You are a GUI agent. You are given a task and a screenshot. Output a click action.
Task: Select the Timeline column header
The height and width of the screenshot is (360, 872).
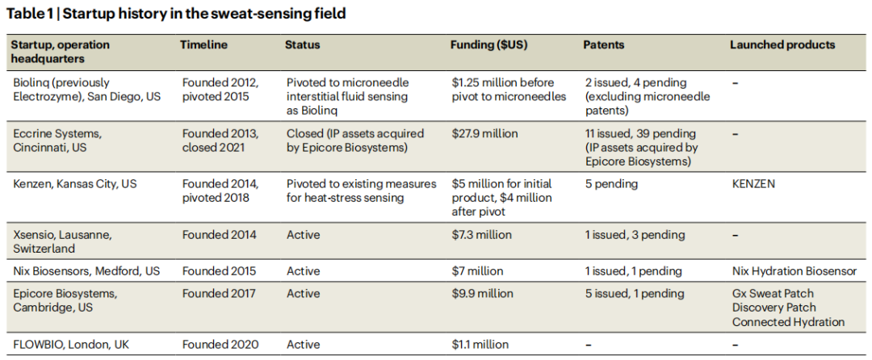point(203,45)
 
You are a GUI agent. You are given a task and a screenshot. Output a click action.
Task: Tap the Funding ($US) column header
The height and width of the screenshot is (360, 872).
point(488,45)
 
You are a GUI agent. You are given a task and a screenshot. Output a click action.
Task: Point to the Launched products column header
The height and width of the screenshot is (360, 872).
point(782,45)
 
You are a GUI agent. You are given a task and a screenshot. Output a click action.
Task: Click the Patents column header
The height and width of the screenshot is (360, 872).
point(606,45)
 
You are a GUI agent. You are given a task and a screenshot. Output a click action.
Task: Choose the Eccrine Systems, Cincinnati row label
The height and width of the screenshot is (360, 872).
point(57,140)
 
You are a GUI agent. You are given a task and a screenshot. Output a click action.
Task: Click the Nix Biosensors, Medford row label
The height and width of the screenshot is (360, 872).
point(86,271)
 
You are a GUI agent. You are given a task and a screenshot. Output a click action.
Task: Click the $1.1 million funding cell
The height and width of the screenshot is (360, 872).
point(480,345)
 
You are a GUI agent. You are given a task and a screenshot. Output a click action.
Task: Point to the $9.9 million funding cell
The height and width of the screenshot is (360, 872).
point(482,294)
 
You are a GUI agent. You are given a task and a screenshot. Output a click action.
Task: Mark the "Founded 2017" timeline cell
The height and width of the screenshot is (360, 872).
point(219,294)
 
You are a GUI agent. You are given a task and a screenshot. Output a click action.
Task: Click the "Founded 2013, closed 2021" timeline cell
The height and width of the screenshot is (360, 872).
point(220,140)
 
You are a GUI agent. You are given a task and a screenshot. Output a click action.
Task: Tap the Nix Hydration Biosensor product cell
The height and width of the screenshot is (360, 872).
point(794,271)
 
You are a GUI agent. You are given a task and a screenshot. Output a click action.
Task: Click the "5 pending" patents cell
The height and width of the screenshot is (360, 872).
point(610,184)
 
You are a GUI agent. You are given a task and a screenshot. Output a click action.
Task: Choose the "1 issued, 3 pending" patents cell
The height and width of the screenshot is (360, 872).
point(634,235)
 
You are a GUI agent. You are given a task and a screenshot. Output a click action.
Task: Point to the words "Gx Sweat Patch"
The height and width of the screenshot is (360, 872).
point(773,294)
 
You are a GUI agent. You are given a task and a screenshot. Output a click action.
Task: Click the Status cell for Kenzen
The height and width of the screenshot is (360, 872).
point(361,191)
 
